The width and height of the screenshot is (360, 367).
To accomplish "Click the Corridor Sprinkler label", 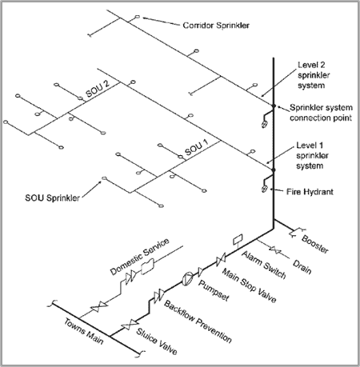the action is tap(216, 26).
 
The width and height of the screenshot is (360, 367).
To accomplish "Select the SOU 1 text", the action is tap(197, 148).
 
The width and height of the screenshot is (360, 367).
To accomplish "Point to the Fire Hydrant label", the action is tap(310, 192).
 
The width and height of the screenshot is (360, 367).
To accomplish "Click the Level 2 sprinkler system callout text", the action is tap(314, 75).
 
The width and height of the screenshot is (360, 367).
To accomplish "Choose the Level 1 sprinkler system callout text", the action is tap(312, 156).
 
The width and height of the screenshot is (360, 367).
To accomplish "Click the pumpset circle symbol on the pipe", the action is tap(187, 278).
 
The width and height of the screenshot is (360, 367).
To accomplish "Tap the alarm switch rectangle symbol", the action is tap(238, 239).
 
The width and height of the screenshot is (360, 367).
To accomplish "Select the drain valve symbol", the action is tap(275, 250).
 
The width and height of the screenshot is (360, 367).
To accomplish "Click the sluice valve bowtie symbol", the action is tap(130, 325).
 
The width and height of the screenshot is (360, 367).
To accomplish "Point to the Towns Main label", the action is tap(83, 331).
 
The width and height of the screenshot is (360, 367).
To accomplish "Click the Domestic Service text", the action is tap(140, 257).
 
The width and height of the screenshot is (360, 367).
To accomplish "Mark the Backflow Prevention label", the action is tap(198, 321).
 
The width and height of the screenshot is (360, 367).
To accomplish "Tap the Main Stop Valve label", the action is tap(250, 285).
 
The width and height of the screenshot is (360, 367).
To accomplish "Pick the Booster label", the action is tap(315, 244).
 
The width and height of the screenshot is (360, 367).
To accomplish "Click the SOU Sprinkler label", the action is tap(52, 198).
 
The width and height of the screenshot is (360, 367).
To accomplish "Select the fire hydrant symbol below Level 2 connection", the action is tap(264, 124).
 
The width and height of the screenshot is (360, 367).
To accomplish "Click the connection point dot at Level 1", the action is tap(274, 170).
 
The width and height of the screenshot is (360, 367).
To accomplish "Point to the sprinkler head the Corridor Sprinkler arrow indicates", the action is tap(137, 17).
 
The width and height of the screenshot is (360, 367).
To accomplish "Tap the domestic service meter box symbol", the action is tap(147, 266).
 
